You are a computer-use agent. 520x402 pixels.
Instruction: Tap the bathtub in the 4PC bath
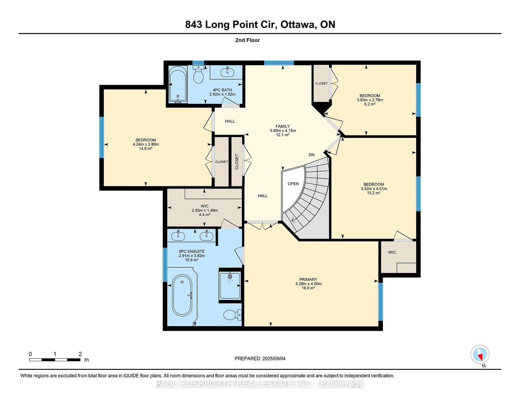pyautogui.click(x=178, y=84)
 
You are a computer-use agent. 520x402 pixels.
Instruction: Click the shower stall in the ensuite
pyautogui.click(x=230, y=285)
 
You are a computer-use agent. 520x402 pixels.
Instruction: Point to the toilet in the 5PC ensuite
pyautogui.click(x=233, y=315)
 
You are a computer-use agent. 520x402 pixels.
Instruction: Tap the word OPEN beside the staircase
pyautogui.click(x=293, y=184)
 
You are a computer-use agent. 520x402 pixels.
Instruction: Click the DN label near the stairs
pyautogui.click(x=311, y=155)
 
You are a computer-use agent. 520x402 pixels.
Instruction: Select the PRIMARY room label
pyautogui.click(x=308, y=279)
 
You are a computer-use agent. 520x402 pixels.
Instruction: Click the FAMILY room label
pyautogui.click(x=282, y=126)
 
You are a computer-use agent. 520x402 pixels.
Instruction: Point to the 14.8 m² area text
pyautogui.click(x=146, y=148)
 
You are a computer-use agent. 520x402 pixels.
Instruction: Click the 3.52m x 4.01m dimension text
pyautogui.click(x=374, y=189)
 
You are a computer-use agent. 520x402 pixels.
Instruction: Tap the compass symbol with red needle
pyautogui.click(x=480, y=355)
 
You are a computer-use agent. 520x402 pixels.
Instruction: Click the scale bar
pyautogui.click(x=55, y=360)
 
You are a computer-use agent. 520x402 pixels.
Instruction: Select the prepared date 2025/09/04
pyautogui.click(x=274, y=358)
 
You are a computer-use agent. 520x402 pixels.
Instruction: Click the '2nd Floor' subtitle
pyautogui.click(x=248, y=40)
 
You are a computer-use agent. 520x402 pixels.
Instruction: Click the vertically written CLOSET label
pyautogui.click(x=237, y=162)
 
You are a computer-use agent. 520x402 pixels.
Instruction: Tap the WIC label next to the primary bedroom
pyautogui.click(x=392, y=252)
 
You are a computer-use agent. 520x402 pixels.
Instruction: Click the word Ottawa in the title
pyautogui.click(x=298, y=25)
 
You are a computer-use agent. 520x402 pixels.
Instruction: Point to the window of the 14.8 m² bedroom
pyautogui.click(x=102, y=137)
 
